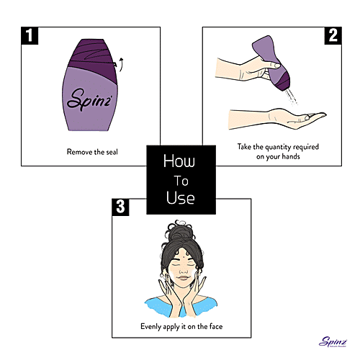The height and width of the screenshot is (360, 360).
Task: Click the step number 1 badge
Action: point(30,36)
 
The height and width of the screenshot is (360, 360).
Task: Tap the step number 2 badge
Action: point(333,36)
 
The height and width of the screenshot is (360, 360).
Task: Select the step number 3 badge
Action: point(120,207)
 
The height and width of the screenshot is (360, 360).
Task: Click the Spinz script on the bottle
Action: point(89,99)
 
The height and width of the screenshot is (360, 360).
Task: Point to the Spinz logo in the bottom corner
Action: point(333,341)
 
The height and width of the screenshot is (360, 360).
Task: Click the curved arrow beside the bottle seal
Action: point(121,64)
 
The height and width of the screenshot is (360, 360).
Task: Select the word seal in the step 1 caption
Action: point(112,152)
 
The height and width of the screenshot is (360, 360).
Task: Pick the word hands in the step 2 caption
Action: point(291,156)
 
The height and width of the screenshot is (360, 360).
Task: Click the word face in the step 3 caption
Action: point(216,326)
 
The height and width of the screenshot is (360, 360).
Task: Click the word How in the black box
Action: point(179,161)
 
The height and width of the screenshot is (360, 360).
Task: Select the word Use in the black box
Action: point(181,197)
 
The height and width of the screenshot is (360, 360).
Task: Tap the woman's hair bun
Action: point(180,232)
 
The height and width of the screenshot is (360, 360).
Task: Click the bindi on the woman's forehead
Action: point(184,256)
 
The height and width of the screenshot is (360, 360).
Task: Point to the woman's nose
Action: point(184,269)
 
